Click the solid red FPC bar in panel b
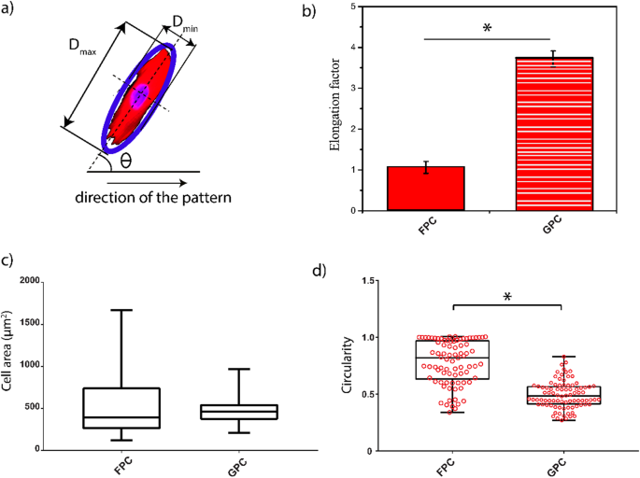[x=426, y=189]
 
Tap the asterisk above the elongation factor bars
[x=487, y=29]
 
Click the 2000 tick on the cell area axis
[x=57, y=281]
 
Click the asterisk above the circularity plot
[x=507, y=298]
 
